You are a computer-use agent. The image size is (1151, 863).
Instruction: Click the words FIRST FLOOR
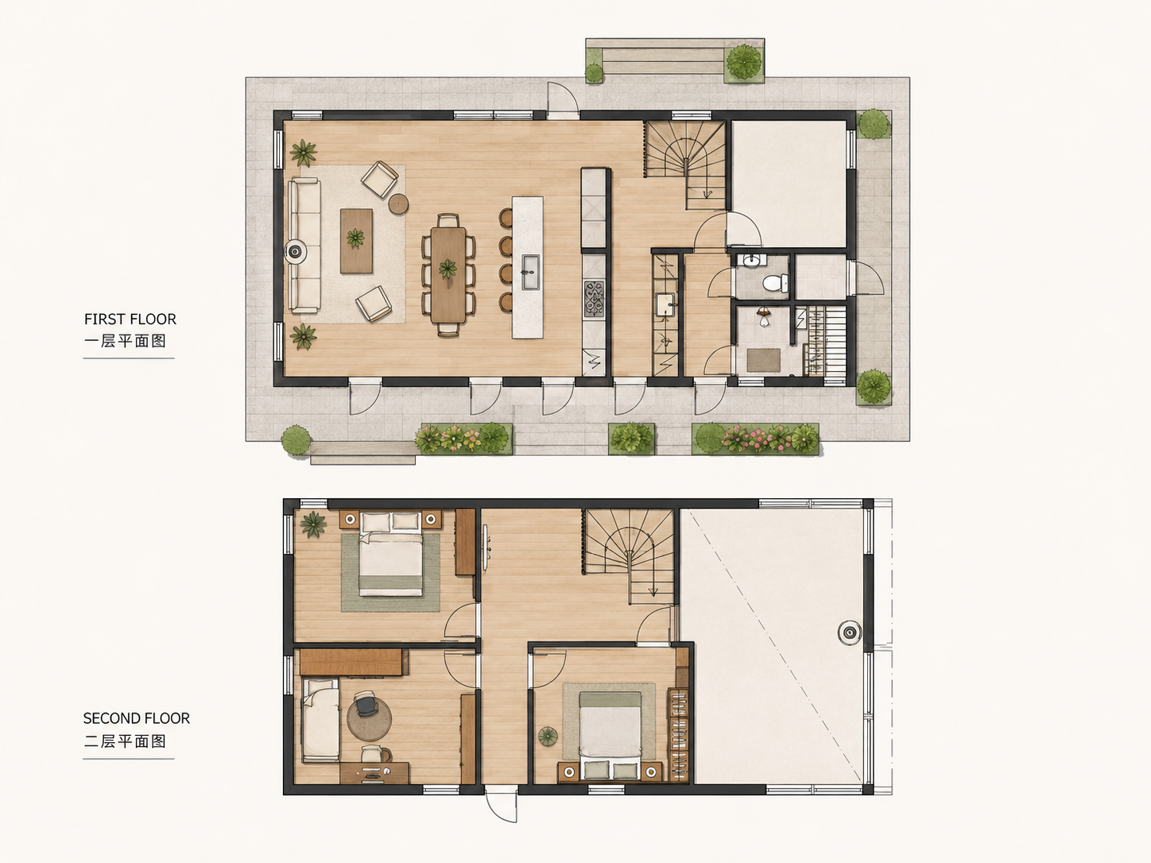tap(130, 319)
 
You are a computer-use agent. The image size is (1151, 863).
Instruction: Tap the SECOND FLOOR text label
tap(137, 718)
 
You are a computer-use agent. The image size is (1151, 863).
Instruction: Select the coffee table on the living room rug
tap(357, 241)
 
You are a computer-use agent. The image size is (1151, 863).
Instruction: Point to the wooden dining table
tap(448, 275)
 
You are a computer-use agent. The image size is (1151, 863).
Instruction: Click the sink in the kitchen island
tap(529, 273)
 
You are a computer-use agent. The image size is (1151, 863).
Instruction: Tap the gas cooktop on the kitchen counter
tap(594, 299)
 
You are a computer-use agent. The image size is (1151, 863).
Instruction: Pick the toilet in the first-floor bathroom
tap(776, 284)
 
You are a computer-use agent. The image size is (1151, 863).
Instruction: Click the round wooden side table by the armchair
tap(398, 203)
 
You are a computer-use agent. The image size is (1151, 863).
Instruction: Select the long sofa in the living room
tap(304, 246)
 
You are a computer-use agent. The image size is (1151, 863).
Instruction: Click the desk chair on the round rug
tap(366, 703)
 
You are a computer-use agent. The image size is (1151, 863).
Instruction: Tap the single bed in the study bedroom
tap(320, 721)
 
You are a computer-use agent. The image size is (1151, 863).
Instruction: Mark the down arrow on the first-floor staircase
tap(707, 193)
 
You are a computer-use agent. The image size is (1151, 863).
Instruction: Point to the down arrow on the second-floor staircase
tap(653, 591)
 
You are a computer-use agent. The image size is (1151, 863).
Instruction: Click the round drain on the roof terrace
tap(849, 633)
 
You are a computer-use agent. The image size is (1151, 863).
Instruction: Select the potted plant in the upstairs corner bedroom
tap(313, 524)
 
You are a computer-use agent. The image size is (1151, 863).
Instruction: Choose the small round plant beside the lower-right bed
tap(548, 736)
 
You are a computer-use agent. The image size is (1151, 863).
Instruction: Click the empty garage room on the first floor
tap(789, 184)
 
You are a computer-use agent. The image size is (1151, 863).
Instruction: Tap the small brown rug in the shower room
tap(763, 361)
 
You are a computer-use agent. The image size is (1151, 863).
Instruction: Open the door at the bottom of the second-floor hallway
tap(501, 803)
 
